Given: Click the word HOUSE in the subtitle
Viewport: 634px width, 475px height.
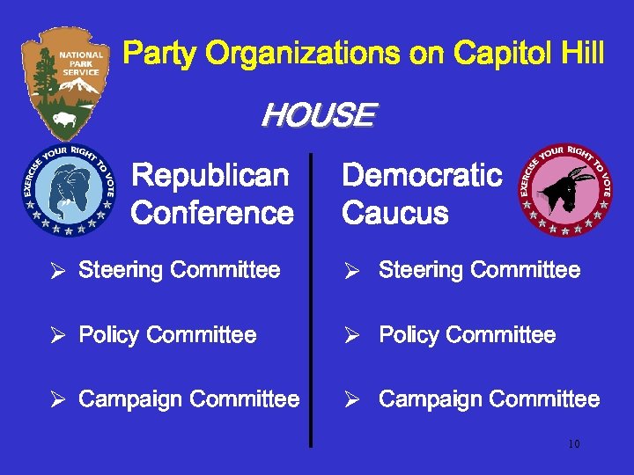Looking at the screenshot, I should coord(318,115).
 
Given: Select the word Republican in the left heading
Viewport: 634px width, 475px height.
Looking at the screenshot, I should coord(210,176).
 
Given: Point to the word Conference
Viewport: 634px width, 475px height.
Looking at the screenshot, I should coord(212,213).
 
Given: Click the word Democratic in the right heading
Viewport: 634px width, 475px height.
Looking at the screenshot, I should coord(422,176).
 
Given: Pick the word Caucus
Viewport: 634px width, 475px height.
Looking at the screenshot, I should coord(394,213).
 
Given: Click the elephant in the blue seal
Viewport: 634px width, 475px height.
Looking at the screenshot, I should coord(68,191).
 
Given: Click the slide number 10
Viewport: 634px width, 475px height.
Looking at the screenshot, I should coord(573,444).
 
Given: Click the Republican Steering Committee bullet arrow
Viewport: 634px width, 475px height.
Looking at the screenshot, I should coord(60,271).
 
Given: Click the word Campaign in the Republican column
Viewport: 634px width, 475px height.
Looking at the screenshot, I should coord(131,400).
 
